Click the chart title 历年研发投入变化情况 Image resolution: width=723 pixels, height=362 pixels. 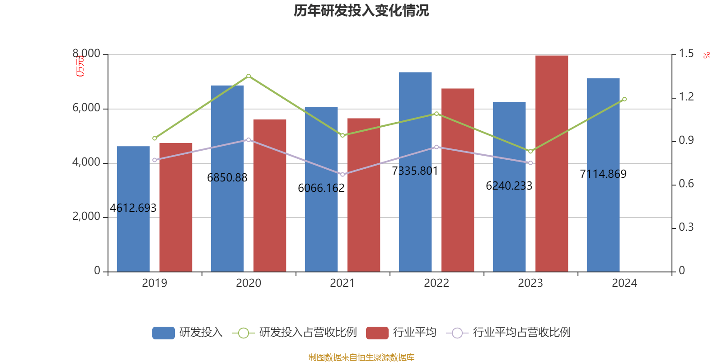(361, 10)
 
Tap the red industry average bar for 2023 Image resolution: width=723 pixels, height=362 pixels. (551, 163)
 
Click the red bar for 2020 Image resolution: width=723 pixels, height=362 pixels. (270, 195)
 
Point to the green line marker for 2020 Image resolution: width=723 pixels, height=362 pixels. (249, 76)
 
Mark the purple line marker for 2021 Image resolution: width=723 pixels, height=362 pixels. (343, 175)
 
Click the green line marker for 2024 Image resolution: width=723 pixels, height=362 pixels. (624, 99)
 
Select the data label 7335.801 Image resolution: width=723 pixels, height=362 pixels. (415, 171)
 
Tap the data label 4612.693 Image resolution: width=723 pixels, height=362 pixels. (133, 208)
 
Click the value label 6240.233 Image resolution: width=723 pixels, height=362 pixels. (509, 186)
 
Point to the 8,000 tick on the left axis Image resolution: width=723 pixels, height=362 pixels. (86, 54)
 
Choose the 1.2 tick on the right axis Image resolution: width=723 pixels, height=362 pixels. (686, 97)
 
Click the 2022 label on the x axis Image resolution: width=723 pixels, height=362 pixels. (437, 283)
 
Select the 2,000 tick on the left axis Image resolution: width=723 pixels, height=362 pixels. (86, 217)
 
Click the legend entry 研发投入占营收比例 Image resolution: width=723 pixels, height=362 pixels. (308, 333)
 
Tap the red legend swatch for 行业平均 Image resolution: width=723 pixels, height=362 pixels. (377, 333)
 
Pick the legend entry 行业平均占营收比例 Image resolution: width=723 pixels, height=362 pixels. (521, 333)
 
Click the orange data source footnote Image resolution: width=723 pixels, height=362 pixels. (361, 357)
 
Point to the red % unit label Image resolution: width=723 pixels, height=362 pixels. (707, 55)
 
